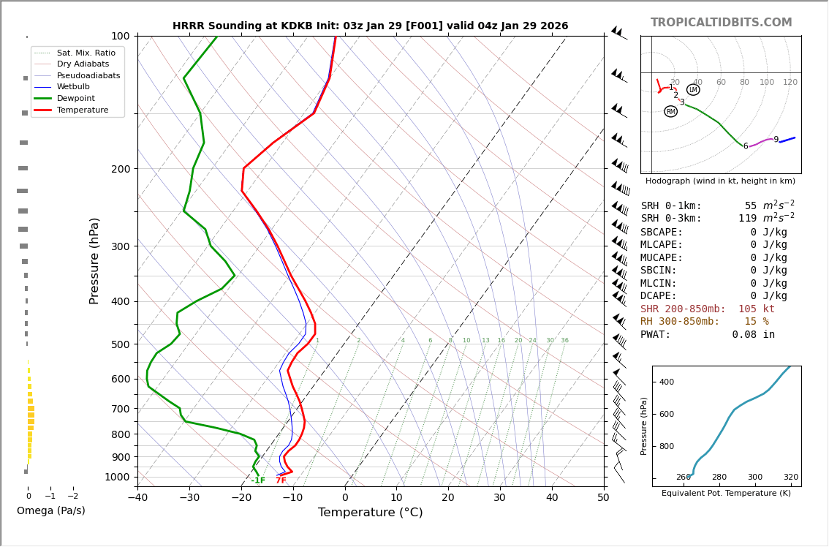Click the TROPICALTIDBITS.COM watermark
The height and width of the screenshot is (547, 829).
click(721, 23)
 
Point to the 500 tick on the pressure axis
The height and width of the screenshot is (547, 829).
click(121, 344)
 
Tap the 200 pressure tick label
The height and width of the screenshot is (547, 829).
click(121, 169)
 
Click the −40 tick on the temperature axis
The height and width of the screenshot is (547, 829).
click(137, 499)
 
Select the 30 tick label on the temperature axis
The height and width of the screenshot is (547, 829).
click(499, 499)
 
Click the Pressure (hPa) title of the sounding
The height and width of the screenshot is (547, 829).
click(94, 260)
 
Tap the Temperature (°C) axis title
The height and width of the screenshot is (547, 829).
click(370, 513)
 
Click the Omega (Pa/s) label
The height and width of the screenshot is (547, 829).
click(50, 511)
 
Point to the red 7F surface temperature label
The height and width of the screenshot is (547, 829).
click(281, 480)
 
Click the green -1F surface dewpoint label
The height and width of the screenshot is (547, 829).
click(258, 480)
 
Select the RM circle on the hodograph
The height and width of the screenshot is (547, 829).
click(670, 112)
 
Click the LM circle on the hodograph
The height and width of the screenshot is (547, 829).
click(693, 90)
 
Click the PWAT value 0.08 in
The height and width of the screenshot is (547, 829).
click(753, 335)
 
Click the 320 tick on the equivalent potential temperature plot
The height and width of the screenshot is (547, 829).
click(791, 478)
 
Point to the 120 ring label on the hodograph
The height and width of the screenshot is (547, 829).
click(790, 83)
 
